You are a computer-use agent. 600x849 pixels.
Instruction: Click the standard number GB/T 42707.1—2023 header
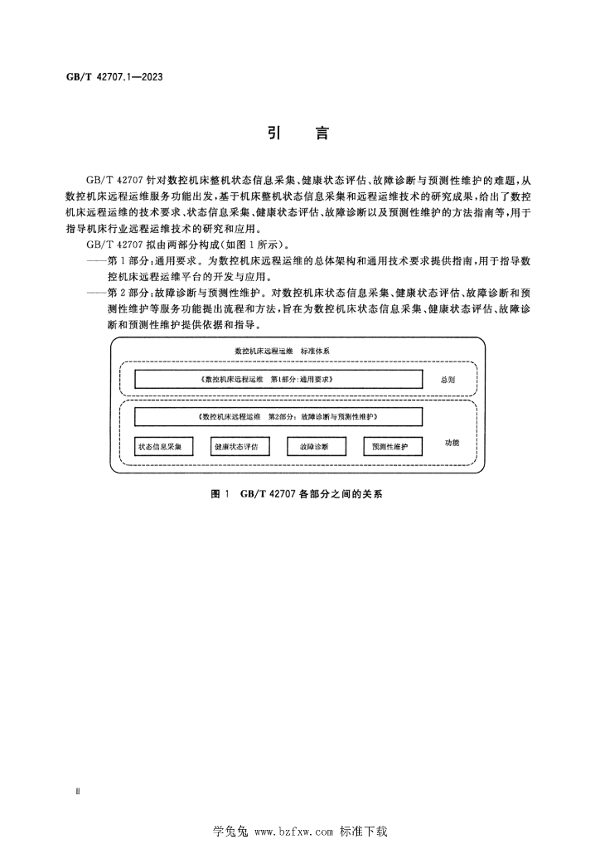(114, 77)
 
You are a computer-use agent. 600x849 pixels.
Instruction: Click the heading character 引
(275, 133)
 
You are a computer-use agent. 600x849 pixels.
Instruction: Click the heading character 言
(322, 133)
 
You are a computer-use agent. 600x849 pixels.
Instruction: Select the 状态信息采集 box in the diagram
(164, 447)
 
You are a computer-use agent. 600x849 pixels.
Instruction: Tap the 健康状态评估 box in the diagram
(240, 447)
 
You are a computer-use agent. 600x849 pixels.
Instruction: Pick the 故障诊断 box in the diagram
(317, 447)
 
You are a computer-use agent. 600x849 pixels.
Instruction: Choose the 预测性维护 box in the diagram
(393, 447)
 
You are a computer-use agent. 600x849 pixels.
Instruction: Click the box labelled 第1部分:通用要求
(278, 379)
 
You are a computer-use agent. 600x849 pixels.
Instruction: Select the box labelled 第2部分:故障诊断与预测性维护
(278, 417)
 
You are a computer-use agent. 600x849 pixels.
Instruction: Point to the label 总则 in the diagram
(448, 380)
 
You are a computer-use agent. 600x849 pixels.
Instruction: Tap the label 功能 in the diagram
(452, 443)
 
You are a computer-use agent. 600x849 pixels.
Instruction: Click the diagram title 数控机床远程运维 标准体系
(282, 351)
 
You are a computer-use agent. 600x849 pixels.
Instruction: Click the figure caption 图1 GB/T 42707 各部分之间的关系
(297, 494)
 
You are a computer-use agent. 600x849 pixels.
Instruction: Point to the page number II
(78, 792)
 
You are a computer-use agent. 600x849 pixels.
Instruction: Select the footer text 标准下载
(364, 831)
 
